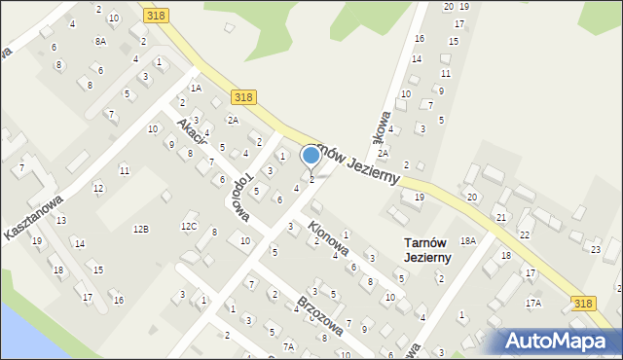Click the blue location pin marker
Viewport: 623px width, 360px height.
(311, 156)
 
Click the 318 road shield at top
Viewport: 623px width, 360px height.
(154, 16)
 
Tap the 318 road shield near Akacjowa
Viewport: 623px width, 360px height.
(244, 96)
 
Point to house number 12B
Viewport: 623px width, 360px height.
(141, 229)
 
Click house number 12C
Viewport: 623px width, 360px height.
(189, 227)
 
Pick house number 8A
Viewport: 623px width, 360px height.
(100, 41)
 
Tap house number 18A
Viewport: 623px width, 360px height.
(468, 240)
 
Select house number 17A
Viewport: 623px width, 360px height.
(533, 303)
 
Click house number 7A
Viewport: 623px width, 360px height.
(288, 346)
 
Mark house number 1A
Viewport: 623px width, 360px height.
(196, 88)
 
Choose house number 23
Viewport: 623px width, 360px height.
(596, 249)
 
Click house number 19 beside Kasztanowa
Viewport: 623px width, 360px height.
(36, 240)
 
